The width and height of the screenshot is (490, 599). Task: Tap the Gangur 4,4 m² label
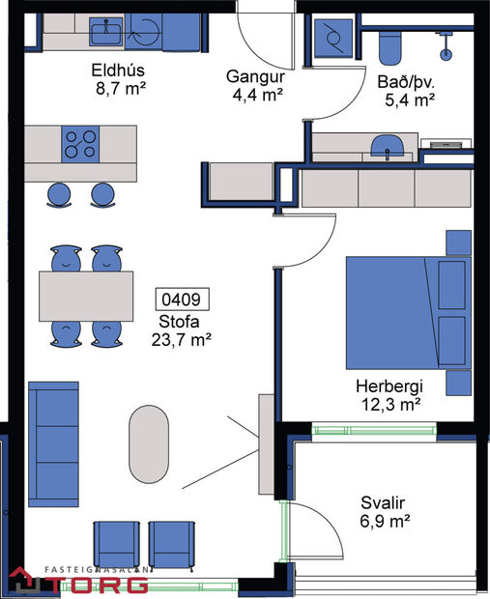[x=253, y=75]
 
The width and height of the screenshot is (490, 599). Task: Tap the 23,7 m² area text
[x=182, y=339]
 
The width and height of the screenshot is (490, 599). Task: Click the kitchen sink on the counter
[x=103, y=33]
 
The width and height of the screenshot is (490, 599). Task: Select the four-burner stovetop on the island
[x=82, y=144]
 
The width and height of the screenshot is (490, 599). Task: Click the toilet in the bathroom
[x=391, y=43]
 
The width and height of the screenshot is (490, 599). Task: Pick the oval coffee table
[x=149, y=442]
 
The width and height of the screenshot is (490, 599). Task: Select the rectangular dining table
[x=85, y=297]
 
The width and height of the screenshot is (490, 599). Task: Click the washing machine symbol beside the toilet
[x=332, y=40]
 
